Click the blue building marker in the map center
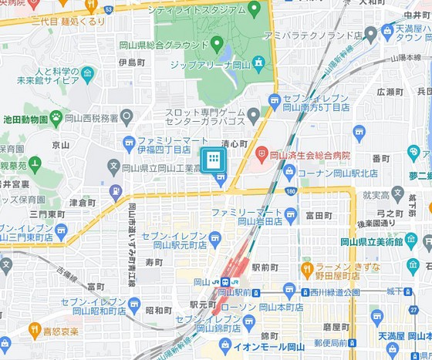tap(214, 160)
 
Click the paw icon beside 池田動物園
tap(56, 118)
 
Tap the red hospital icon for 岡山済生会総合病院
tap(262, 154)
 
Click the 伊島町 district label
tap(132, 62)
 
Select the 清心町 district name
tap(235, 143)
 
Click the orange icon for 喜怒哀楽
tap(34, 329)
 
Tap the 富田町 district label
tap(318, 215)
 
